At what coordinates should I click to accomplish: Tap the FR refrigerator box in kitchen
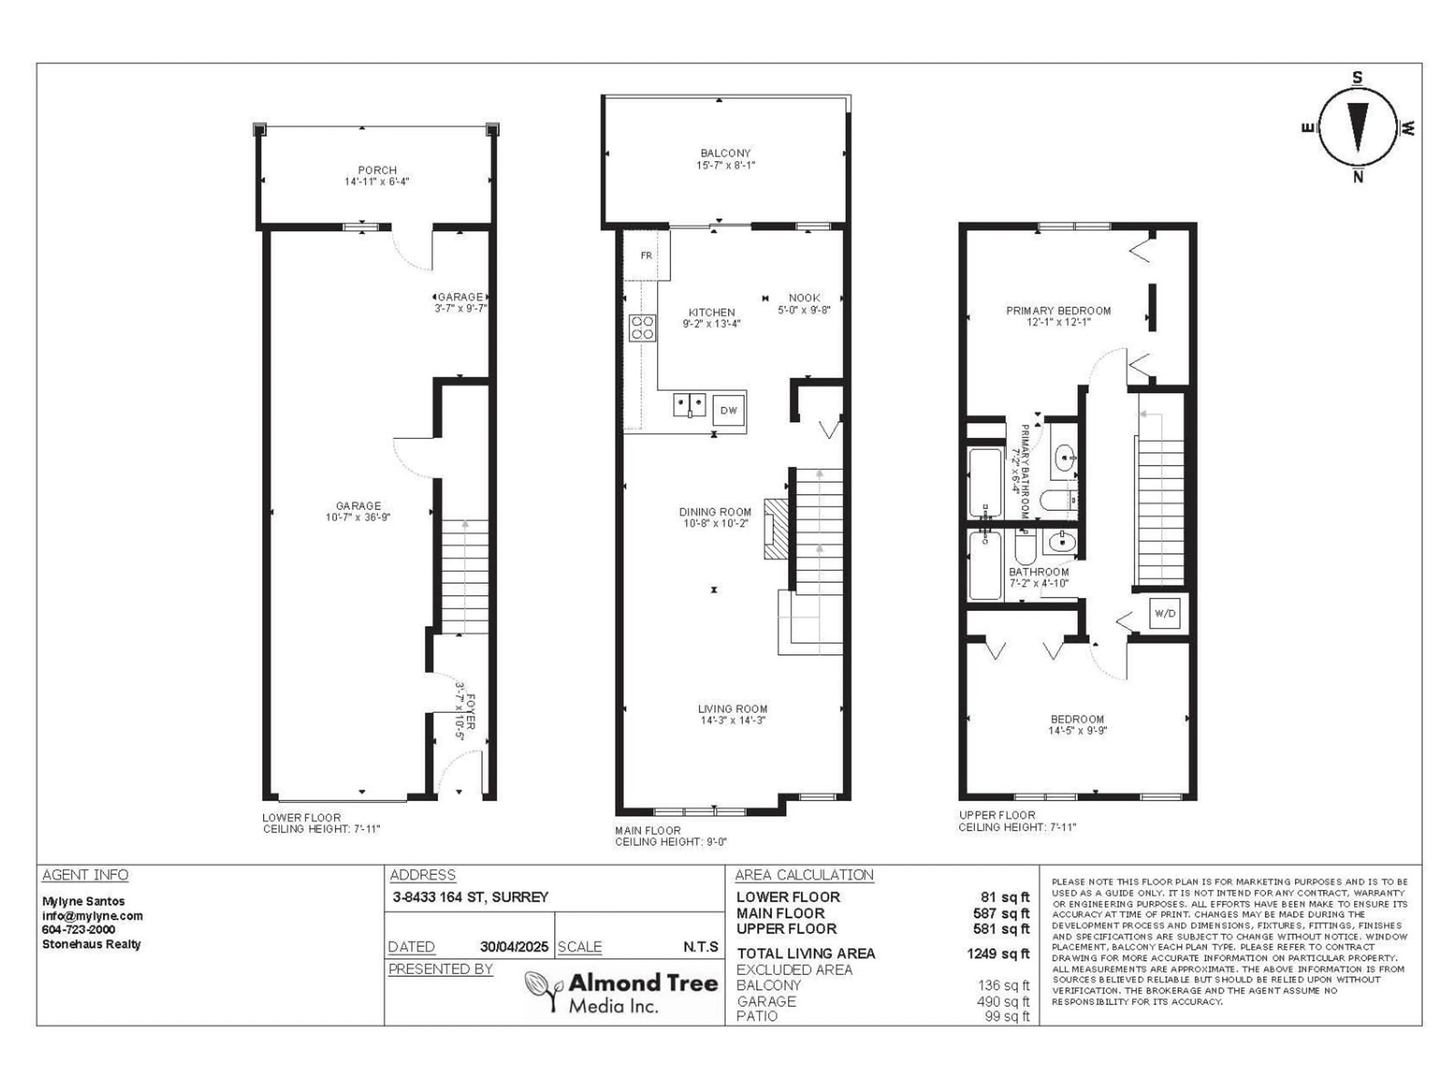point(646,256)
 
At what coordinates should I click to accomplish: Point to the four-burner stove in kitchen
point(642,328)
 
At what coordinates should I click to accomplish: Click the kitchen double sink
point(689,404)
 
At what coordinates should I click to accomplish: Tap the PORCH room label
point(377,170)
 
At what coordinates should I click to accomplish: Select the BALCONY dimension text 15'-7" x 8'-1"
point(725,165)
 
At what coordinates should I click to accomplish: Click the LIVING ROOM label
point(733,709)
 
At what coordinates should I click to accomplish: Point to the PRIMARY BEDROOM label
point(1058,311)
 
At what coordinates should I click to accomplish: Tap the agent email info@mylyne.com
point(92,916)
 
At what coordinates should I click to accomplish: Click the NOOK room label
point(804,298)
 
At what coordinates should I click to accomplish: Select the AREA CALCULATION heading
point(804,875)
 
